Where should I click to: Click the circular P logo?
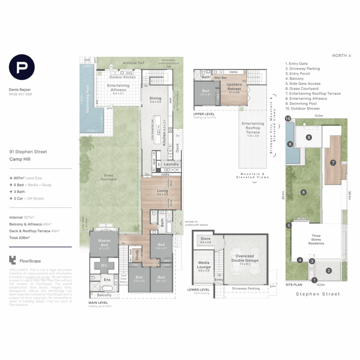[22, 67]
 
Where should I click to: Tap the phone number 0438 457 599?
[20, 94]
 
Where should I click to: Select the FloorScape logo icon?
[13, 260]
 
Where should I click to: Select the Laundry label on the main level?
[171, 164]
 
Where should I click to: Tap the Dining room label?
[155, 98]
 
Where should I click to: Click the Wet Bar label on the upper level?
[221, 77]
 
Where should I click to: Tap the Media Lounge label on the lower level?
[204, 265]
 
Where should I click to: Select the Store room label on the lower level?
[205, 239]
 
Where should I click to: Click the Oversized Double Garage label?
[245, 258]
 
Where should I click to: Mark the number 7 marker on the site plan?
[332, 163]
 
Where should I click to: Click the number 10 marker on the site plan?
[288, 118]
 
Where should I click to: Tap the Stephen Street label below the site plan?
[318, 294]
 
